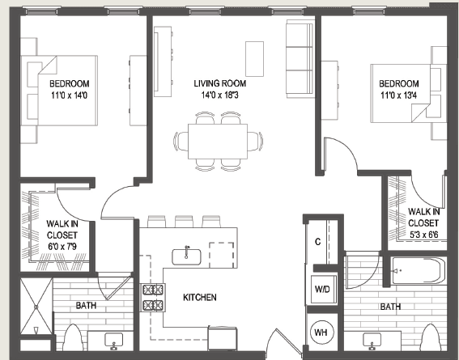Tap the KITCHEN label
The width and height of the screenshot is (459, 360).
pos(199,298)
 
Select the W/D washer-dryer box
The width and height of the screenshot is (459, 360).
pos(321,289)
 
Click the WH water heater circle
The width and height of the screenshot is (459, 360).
pos(321,332)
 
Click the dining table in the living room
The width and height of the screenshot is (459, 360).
pos(219,140)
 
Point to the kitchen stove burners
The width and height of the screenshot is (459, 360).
pos(152,298)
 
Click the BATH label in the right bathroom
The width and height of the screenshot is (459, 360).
pos(391,307)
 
